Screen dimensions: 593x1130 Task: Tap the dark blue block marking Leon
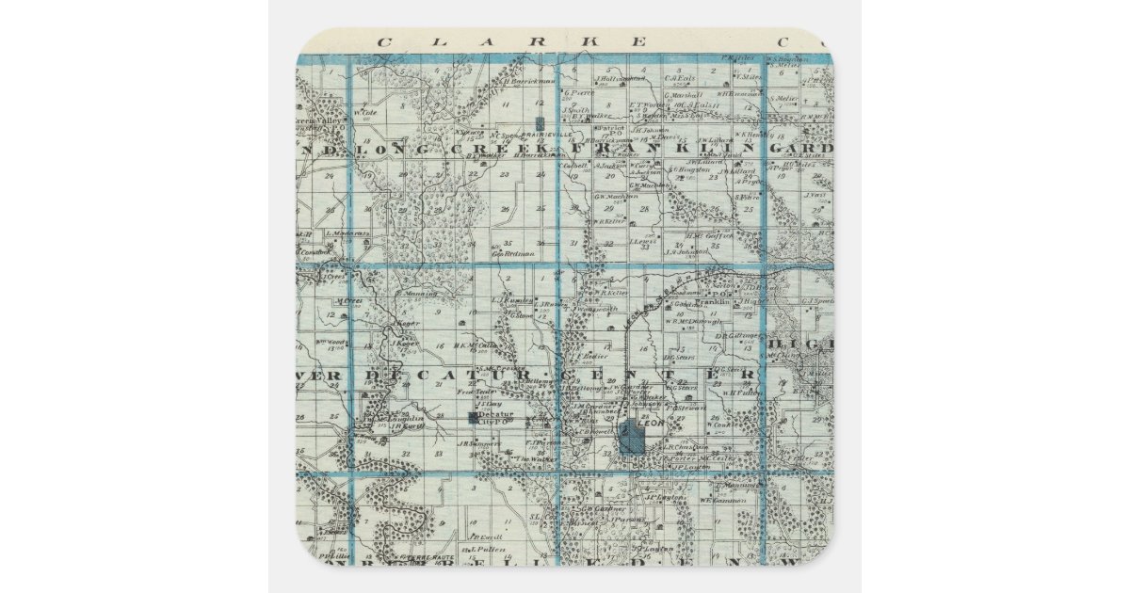tap(630, 437)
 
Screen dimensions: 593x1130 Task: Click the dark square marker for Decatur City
tap(472, 416)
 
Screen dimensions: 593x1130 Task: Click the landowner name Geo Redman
tap(513, 253)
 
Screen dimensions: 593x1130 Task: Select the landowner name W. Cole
tap(365, 114)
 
